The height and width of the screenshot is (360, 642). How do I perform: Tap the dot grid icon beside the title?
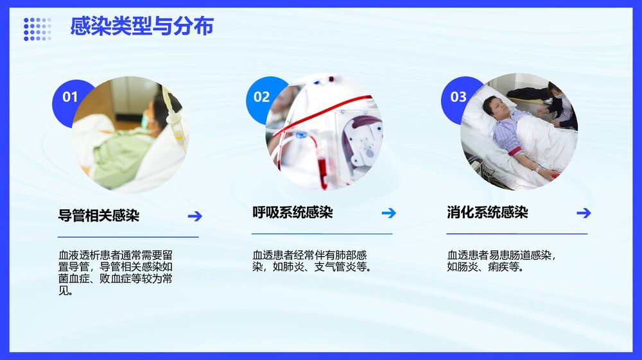[x=37, y=29]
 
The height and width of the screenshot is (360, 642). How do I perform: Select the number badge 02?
[x=261, y=97]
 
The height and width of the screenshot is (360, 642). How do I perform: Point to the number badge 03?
[x=458, y=97]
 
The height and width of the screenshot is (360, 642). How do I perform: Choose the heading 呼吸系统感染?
[x=293, y=213]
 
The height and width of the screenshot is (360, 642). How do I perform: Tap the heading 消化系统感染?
[x=487, y=213]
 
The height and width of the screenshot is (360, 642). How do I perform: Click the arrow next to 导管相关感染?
[x=195, y=216]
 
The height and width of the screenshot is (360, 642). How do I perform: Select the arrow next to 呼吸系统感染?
[x=388, y=213]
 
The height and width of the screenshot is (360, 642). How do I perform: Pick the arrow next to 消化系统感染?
[x=583, y=213]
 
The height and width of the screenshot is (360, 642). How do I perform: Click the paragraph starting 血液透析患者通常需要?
[x=116, y=273]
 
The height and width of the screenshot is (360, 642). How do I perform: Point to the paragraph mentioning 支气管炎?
[x=311, y=261]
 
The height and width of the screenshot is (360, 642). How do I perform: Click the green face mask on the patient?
[x=149, y=120]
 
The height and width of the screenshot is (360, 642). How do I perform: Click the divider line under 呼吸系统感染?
[x=322, y=234]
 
